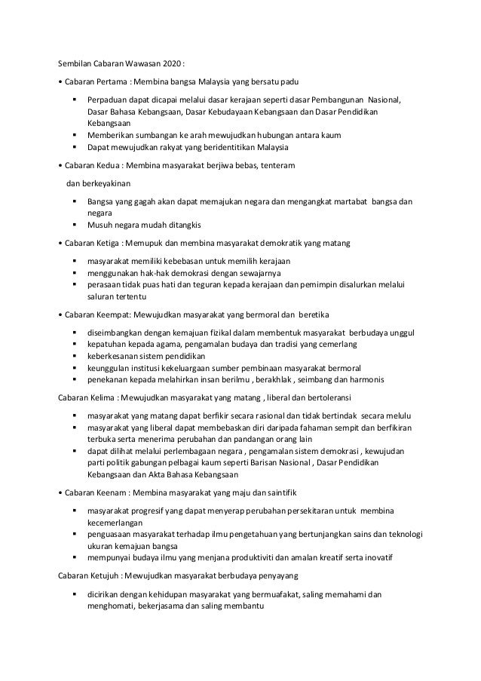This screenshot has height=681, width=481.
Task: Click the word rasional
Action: click(247, 416)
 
